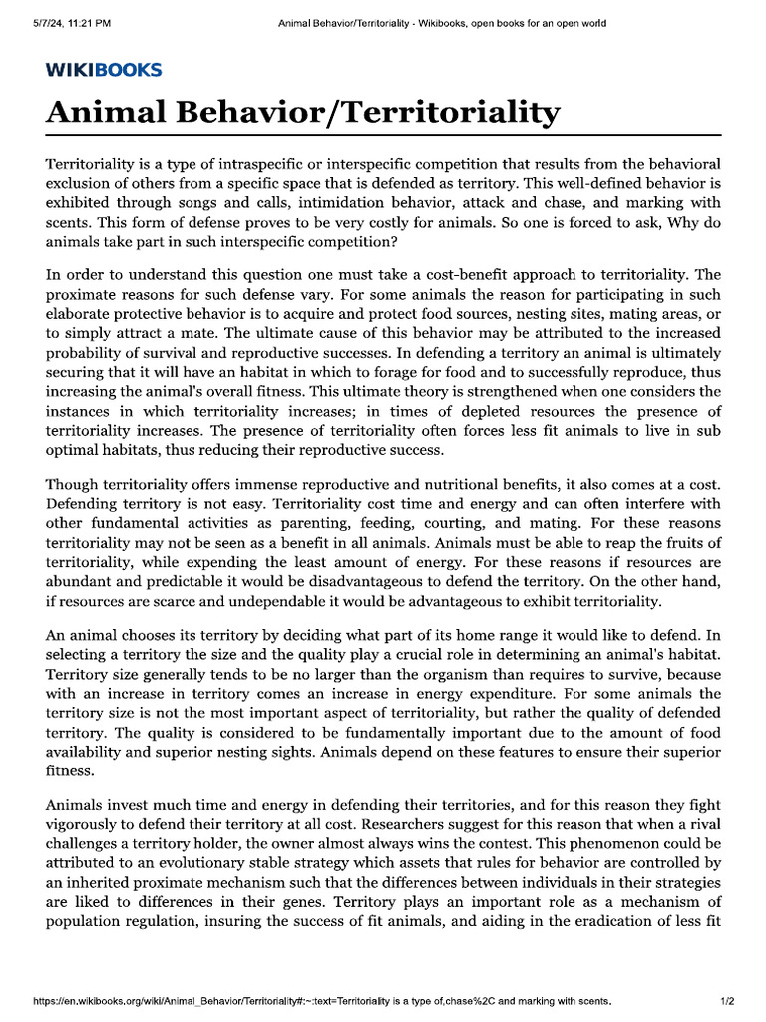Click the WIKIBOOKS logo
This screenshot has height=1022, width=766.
point(104,70)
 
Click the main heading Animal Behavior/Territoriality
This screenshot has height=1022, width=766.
point(303,112)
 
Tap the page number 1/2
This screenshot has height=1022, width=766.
point(727,1000)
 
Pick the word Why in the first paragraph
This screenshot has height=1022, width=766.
point(678,223)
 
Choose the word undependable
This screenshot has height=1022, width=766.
point(258,602)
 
